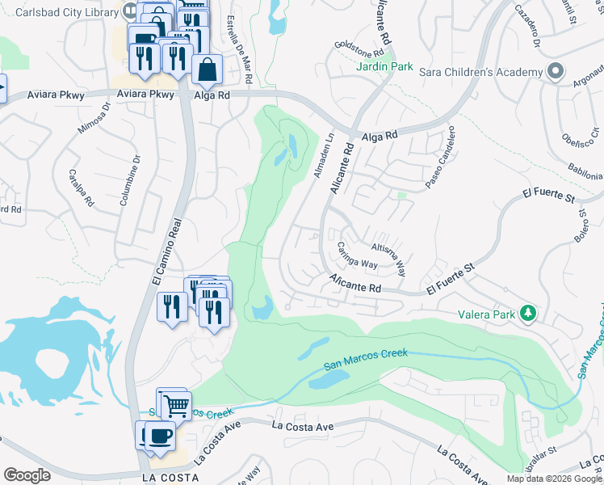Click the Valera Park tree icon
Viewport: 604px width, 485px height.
coord(528,312)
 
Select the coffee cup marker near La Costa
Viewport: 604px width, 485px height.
coord(161,437)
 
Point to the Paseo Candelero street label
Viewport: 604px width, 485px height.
coord(441,158)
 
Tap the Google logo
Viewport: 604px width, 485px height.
coord(27,474)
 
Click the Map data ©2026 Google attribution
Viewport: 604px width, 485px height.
coord(553,479)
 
